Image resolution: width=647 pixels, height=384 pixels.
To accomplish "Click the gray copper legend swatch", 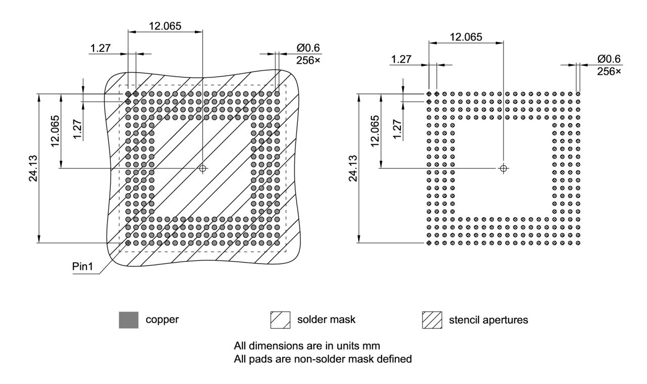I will (x=128, y=320).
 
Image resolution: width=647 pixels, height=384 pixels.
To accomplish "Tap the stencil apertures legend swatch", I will (x=432, y=320).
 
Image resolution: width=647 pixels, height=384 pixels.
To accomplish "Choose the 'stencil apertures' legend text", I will (x=488, y=320).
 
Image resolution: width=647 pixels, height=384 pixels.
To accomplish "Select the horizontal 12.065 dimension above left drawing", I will (x=165, y=25).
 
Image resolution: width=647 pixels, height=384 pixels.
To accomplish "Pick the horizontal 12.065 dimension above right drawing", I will (x=466, y=36).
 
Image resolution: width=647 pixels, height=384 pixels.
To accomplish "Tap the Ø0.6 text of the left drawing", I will (x=308, y=48).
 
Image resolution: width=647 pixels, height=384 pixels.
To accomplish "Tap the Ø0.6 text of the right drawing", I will (x=609, y=59).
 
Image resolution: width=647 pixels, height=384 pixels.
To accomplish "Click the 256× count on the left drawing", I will (x=308, y=60).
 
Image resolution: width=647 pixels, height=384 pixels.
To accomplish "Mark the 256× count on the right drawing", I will (x=609, y=71).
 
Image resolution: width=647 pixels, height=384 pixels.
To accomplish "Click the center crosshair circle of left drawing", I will (x=203, y=168).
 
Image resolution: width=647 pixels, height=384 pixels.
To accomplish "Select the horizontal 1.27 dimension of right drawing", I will (x=401, y=60).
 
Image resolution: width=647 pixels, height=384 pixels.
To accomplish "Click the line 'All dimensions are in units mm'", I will (x=307, y=346).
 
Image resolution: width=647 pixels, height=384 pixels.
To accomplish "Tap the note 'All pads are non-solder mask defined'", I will (x=322, y=359).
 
